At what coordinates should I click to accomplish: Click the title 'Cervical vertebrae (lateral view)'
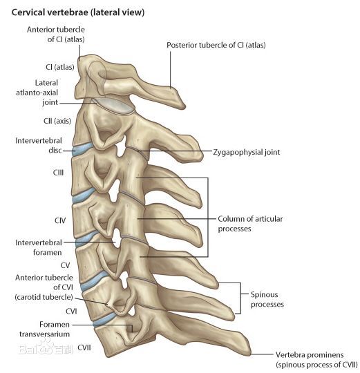tap(78, 12)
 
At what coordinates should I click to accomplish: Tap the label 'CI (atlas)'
tap(60, 67)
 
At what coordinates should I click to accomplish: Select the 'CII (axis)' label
tap(57, 121)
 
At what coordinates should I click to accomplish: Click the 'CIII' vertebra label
tap(58, 173)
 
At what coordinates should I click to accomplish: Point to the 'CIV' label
tap(60, 220)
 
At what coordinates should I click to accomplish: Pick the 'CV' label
tap(65, 265)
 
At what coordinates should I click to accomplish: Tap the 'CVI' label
tap(71, 311)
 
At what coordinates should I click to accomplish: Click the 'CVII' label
tap(84, 347)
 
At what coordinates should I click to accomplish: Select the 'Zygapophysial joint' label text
tap(247, 152)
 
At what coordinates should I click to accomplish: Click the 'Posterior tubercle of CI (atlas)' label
tap(216, 45)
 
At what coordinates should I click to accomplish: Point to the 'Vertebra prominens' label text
tap(310, 354)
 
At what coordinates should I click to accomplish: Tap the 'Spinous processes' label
tap(267, 299)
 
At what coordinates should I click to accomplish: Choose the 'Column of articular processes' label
tap(250, 224)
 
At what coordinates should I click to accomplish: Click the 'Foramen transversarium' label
tap(44, 329)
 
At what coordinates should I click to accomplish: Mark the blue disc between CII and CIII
tap(82, 149)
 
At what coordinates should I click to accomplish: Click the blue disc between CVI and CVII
tap(104, 318)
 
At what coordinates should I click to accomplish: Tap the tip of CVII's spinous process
tap(249, 352)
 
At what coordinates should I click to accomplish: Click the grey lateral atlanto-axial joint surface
tap(114, 106)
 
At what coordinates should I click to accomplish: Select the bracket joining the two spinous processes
tap(240, 298)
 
